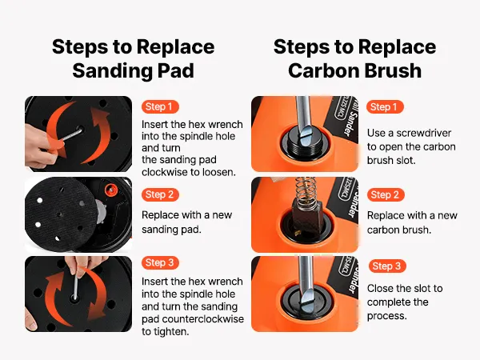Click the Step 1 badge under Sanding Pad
[x=160, y=107]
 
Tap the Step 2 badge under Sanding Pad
[x=160, y=194]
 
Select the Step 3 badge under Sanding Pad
[x=160, y=262]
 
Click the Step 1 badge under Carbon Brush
[x=385, y=107]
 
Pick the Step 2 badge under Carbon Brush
[x=386, y=194]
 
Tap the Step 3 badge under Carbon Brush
[x=387, y=266]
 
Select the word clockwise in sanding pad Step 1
[x=162, y=172]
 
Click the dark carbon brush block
[x=303, y=220]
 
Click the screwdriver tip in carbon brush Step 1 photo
[x=306, y=137]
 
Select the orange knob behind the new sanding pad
[x=110, y=190]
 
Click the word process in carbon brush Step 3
[x=386, y=316]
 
